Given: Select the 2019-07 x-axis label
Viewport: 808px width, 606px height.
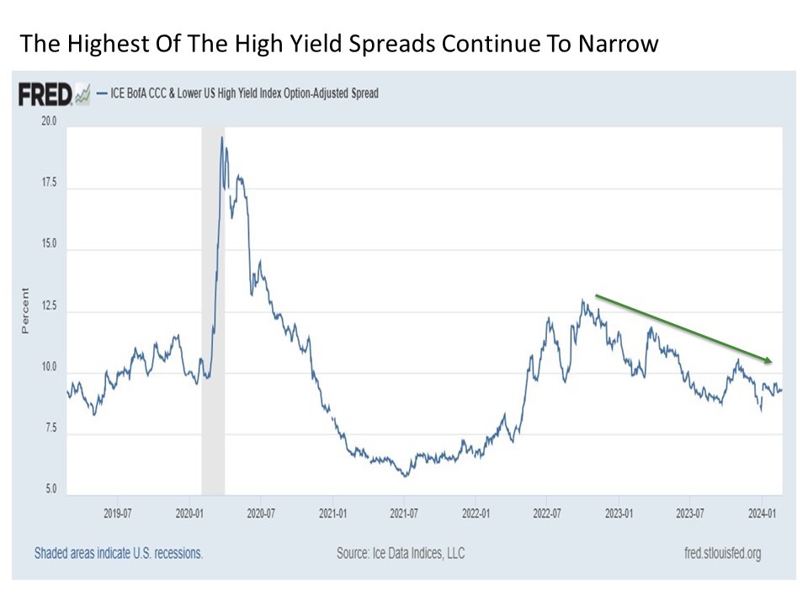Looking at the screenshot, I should click(x=118, y=511).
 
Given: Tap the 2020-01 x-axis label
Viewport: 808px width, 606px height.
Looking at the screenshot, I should click(x=190, y=511).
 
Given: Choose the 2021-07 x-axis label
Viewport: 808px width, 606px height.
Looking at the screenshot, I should click(x=405, y=511).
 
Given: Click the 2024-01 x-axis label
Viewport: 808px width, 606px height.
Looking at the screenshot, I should click(x=762, y=511).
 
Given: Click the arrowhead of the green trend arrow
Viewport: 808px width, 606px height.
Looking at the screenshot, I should click(x=768, y=360).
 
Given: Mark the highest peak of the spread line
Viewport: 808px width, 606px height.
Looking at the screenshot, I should click(x=222, y=137).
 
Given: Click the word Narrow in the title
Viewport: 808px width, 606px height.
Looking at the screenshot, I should click(x=617, y=43).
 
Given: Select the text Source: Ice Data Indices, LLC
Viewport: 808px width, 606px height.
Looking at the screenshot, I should click(x=400, y=553).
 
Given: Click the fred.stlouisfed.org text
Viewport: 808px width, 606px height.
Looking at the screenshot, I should click(x=725, y=553).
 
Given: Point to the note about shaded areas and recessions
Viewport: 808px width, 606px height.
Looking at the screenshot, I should click(x=119, y=553).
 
